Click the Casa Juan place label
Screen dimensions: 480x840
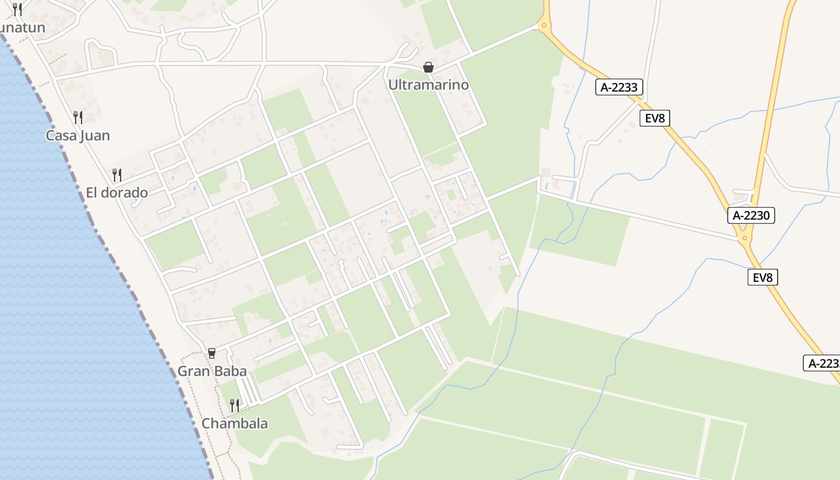coord(78,136)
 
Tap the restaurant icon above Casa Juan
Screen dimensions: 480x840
coord(78,116)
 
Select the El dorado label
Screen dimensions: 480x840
coord(116,193)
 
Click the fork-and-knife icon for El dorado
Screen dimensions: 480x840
coord(117,175)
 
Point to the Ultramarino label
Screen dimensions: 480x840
coord(428,85)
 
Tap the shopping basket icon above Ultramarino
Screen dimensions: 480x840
coord(428,67)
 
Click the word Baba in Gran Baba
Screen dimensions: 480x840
coord(229,371)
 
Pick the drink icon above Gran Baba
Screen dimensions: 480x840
coord(211,353)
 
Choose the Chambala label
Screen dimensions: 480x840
coord(235,423)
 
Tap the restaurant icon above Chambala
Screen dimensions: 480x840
coord(235,406)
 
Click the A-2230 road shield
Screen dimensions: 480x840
coord(751,215)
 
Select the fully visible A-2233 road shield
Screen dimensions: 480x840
coord(620,87)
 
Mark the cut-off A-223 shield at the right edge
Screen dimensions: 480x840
coord(823,363)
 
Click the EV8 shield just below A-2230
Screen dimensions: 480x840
coord(763,277)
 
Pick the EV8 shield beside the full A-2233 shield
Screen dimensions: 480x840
coord(655,118)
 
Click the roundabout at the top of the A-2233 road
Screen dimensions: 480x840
coord(544,26)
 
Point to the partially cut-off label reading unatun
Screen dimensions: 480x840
coord(22,28)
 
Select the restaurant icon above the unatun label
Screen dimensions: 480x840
coord(17,10)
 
